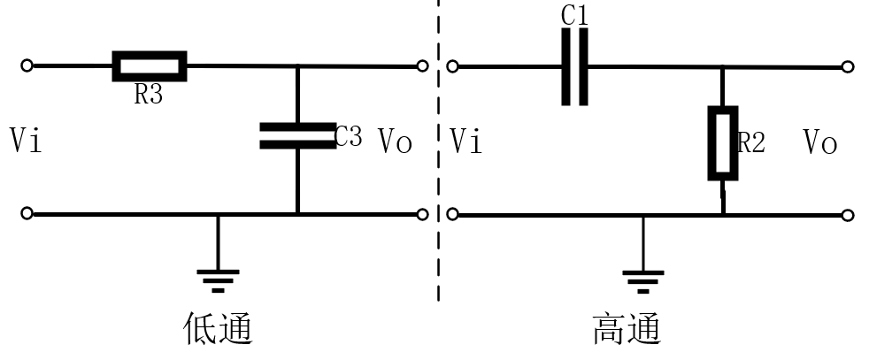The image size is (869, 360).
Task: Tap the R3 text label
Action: (149, 95)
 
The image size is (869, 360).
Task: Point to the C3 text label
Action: (349, 136)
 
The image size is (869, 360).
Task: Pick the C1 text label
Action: (574, 15)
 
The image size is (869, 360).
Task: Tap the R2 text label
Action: (751, 143)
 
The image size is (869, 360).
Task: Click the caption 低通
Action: (218, 329)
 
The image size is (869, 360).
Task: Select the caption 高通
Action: (627, 329)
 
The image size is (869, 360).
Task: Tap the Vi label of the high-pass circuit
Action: (466, 141)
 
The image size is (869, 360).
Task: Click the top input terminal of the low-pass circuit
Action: (27, 65)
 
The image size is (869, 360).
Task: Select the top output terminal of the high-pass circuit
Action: (848, 67)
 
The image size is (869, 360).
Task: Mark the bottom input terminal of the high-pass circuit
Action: (452, 214)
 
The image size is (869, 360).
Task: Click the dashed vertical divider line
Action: (438, 150)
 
